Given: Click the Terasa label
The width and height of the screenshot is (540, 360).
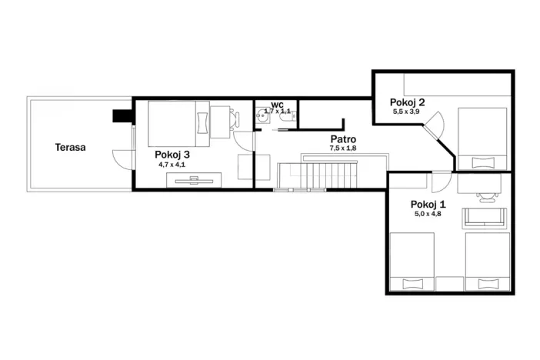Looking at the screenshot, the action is point(70,148).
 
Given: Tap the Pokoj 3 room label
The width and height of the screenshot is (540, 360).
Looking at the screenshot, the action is point(172,155).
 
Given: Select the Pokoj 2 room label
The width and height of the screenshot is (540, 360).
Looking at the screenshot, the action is point(407,102).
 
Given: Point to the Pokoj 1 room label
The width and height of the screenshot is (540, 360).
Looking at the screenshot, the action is point(428,205).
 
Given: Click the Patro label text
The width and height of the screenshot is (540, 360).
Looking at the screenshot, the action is point(343,139).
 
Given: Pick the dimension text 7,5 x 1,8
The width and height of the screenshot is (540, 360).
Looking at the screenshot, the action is point(343,148).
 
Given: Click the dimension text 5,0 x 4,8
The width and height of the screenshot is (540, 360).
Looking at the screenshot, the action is point(428,214).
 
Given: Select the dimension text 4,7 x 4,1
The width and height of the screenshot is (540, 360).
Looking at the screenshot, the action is point(172,165).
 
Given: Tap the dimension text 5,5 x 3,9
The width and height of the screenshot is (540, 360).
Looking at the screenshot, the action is point(406,112).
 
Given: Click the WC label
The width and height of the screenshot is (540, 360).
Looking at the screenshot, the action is point(277,105).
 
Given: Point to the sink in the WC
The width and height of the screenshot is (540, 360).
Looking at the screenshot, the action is point(263,115).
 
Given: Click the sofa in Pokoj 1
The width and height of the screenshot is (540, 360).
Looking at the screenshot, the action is point(485,218).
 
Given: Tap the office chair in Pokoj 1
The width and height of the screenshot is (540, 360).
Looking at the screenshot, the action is point(487,197).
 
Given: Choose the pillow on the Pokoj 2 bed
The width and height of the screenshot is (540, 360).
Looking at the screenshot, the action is point(482,162).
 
